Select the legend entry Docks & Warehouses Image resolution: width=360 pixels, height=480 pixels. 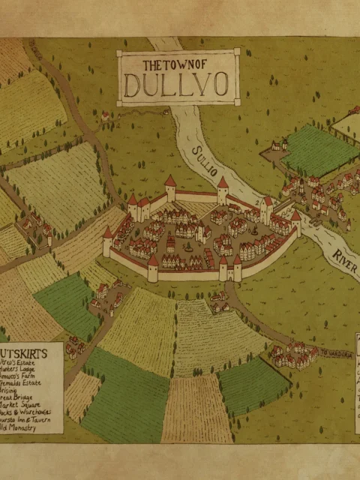point(26,412)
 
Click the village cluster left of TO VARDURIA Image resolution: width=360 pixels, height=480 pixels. point(292,355)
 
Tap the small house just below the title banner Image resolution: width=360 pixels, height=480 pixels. point(106,115)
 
